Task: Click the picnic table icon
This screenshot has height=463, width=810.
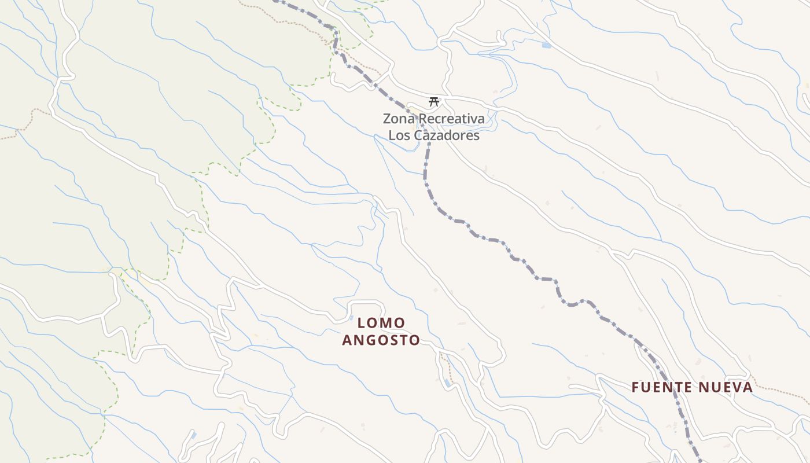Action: pos(433,102)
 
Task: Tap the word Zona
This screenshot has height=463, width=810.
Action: pos(399,119)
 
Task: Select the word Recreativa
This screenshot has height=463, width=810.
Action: pos(452,119)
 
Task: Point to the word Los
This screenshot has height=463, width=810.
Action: pos(398,135)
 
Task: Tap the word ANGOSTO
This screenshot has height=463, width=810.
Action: pos(381,340)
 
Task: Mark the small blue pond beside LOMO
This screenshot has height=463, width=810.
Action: pos(351,318)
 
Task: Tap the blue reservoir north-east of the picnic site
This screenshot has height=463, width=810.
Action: pos(546,45)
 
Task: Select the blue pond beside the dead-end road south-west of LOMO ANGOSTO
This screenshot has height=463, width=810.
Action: pos(193,434)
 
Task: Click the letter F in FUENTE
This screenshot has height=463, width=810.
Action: pos(635,387)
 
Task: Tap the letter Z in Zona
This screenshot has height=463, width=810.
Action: pos(387,119)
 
